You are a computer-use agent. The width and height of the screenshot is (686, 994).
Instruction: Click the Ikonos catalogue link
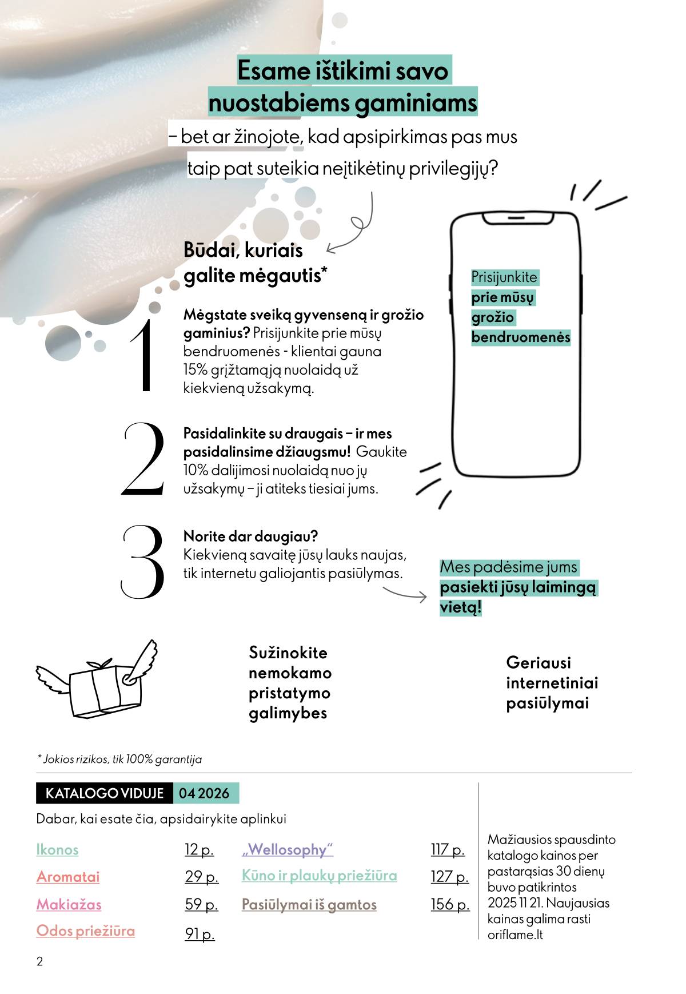[x=57, y=850]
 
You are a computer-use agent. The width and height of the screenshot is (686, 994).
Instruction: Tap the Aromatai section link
[x=68, y=877]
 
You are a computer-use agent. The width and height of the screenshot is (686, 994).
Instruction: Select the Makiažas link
[x=69, y=904]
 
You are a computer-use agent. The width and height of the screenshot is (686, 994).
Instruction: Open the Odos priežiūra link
[x=86, y=931]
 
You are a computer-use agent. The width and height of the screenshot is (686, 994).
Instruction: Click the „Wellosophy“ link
[x=288, y=850]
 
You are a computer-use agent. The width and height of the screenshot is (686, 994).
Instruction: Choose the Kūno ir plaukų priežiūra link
[x=319, y=876]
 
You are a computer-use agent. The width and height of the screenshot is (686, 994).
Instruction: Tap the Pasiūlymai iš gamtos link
[x=309, y=905]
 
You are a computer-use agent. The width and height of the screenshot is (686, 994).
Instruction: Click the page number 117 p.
[x=448, y=850]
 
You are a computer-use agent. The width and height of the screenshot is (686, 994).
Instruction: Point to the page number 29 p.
[x=201, y=877]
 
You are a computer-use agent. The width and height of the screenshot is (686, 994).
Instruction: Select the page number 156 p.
[x=450, y=905]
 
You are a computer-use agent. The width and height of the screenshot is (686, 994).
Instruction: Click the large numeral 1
[x=142, y=356]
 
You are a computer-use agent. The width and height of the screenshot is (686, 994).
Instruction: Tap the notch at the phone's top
[x=517, y=218]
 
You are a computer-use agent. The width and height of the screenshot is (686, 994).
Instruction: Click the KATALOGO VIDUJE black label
[x=104, y=793]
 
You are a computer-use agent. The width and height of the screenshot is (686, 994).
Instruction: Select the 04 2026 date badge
[x=204, y=793]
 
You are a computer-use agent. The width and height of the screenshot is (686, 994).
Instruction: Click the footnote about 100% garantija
[x=119, y=760]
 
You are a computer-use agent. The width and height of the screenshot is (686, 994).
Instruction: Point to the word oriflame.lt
[x=515, y=935]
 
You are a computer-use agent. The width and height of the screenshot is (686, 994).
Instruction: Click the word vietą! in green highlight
[x=461, y=607]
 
